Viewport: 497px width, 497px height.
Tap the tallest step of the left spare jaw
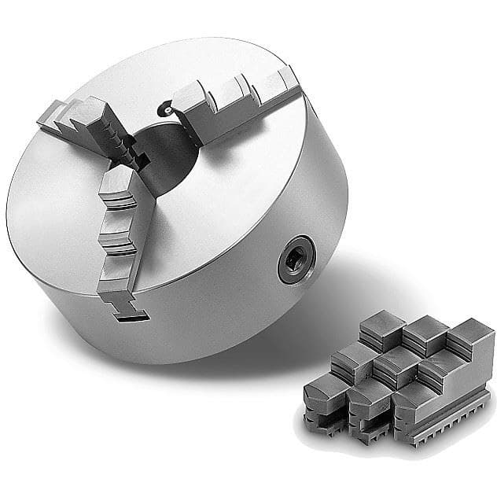coord(382,325)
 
